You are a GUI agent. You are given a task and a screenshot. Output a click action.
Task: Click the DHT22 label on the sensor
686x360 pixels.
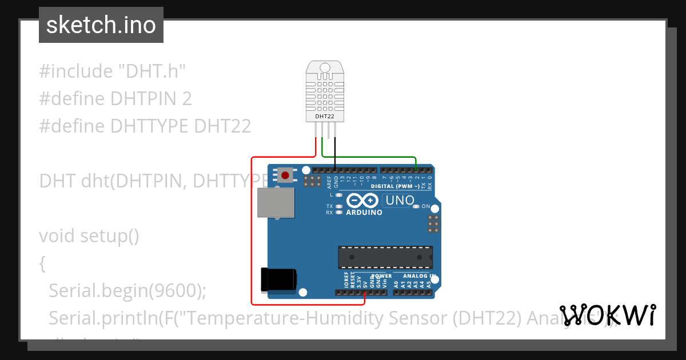tap(325, 117)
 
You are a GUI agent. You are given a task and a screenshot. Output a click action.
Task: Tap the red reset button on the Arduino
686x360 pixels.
tap(285, 175)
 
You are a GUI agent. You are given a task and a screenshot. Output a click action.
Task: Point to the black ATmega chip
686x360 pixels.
tap(385, 257)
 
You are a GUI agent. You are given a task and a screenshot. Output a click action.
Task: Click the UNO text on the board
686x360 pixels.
tap(400, 201)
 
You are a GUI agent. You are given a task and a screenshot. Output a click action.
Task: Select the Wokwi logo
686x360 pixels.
tap(608, 315)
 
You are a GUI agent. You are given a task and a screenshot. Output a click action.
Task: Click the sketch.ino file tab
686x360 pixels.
tap(101, 25)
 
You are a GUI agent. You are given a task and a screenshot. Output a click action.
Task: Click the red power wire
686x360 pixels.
tap(252, 229)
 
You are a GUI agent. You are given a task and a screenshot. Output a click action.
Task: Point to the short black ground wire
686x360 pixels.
tap(336, 153)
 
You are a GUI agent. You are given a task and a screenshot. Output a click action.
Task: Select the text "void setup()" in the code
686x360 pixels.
tap(89, 235)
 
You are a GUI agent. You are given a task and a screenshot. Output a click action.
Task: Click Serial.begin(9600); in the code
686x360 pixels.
tap(127, 291)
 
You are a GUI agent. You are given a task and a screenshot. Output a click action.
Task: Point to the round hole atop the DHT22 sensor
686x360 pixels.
tap(325, 68)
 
